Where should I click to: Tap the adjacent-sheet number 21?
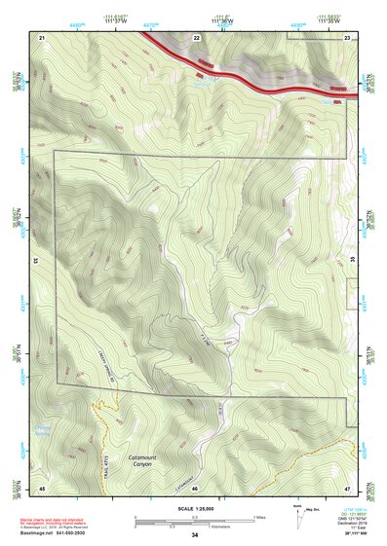tap(43, 36)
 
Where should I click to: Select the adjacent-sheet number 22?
tap(196, 36)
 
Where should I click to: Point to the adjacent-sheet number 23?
tap(347, 36)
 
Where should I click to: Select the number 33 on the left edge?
tap(35, 262)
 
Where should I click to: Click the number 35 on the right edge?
tap(353, 262)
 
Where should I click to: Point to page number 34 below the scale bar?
tap(195, 535)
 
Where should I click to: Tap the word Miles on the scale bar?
tap(259, 517)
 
